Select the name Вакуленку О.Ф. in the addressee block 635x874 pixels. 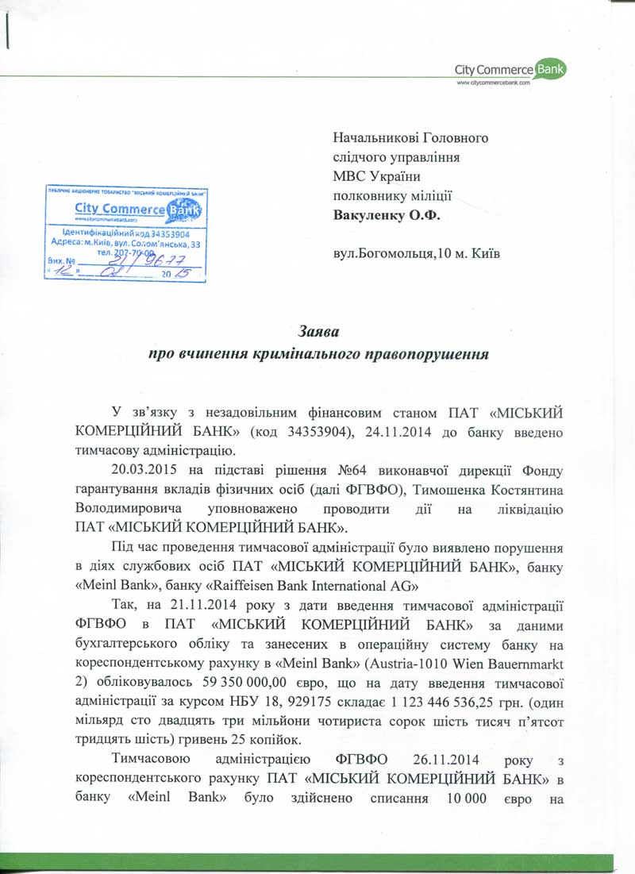(x=383, y=214)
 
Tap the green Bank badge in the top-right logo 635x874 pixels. (x=550, y=70)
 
